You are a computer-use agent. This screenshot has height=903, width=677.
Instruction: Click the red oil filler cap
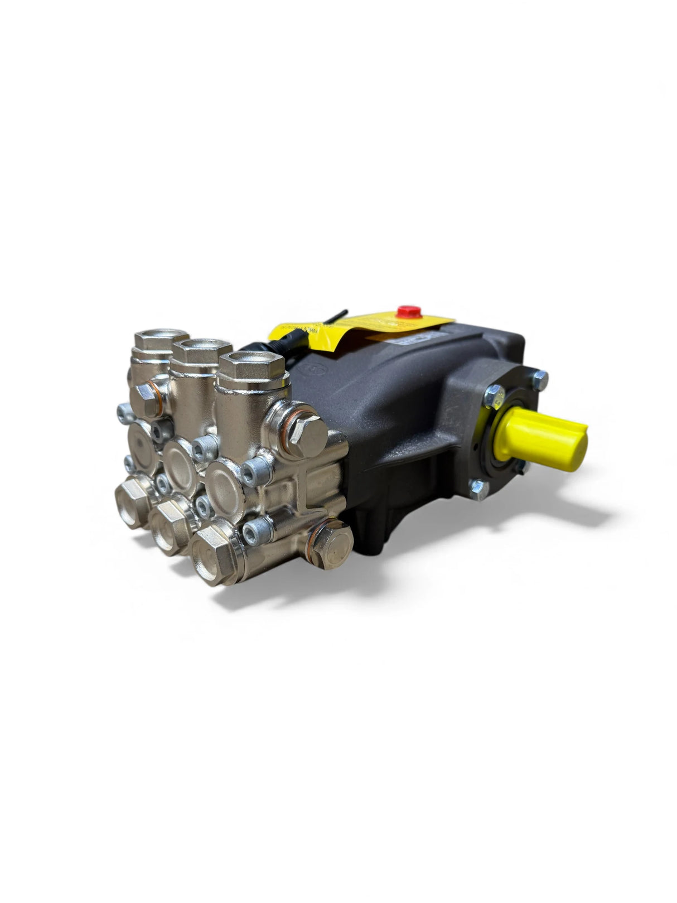click(x=411, y=310)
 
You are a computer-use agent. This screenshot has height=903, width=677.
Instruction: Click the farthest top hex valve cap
click(x=153, y=340)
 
